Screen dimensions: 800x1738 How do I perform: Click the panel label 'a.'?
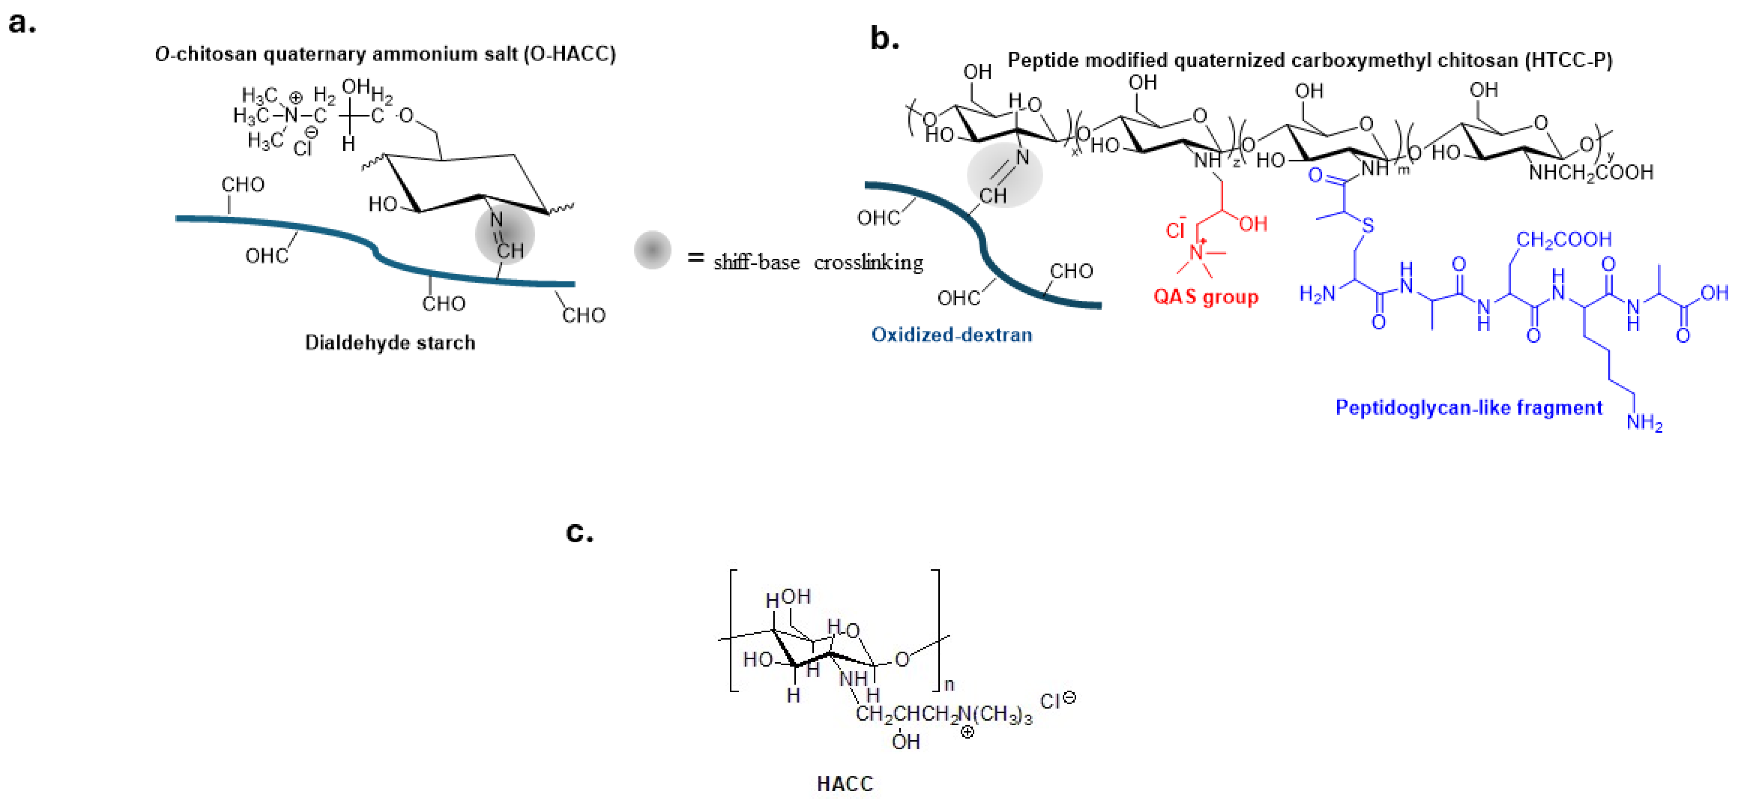tap(22, 22)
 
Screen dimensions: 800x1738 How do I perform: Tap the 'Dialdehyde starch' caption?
tap(390, 343)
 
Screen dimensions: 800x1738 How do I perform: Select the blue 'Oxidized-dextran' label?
tap(951, 335)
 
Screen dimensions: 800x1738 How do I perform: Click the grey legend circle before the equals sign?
tap(652, 250)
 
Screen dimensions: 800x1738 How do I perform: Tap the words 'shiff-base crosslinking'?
tap(818, 262)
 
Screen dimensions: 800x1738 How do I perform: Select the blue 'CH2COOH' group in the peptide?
tap(1564, 239)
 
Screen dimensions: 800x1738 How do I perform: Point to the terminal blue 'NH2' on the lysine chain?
tap(1644, 423)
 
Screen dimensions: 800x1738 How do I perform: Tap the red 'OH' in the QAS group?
tap(1253, 224)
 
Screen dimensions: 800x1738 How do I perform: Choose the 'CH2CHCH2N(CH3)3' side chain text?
tap(943, 714)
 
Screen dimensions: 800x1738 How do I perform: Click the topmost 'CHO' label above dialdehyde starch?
tap(243, 184)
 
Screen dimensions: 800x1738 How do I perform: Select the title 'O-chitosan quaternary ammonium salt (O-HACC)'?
tap(385, 54)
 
